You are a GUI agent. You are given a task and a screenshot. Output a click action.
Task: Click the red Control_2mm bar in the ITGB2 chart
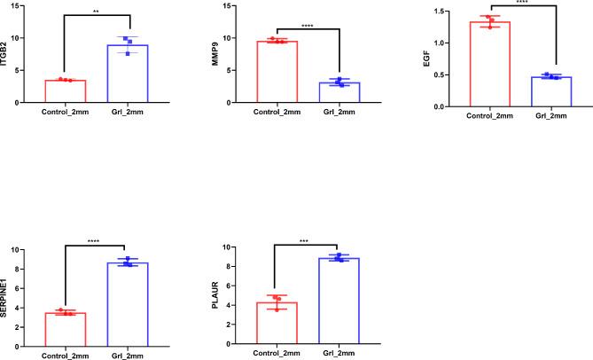(x=65, y=91)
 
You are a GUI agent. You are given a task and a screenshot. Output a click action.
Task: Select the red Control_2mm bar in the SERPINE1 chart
(x=65, y=328)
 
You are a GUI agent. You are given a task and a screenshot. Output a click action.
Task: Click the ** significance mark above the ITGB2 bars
(x=97, y=12)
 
